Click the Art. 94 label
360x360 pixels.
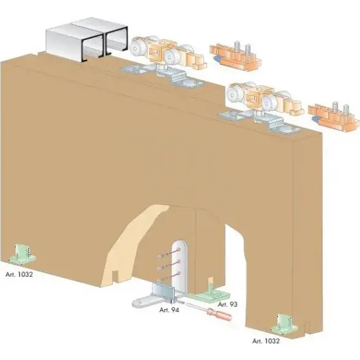[169, 310]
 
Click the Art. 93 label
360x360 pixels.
[227, 305]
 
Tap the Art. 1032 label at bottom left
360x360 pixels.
[19, 274]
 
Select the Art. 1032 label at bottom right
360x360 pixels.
[266, 341]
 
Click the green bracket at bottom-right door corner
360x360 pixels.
[285, 324]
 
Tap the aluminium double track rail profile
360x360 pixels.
[87, 39]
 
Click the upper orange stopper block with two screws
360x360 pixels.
[235, 55]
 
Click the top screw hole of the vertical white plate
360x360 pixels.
[179, 249]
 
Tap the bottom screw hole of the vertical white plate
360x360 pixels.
[179, 274]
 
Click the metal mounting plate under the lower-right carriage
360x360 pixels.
[259, 122]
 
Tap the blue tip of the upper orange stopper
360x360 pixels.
[216, 58]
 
